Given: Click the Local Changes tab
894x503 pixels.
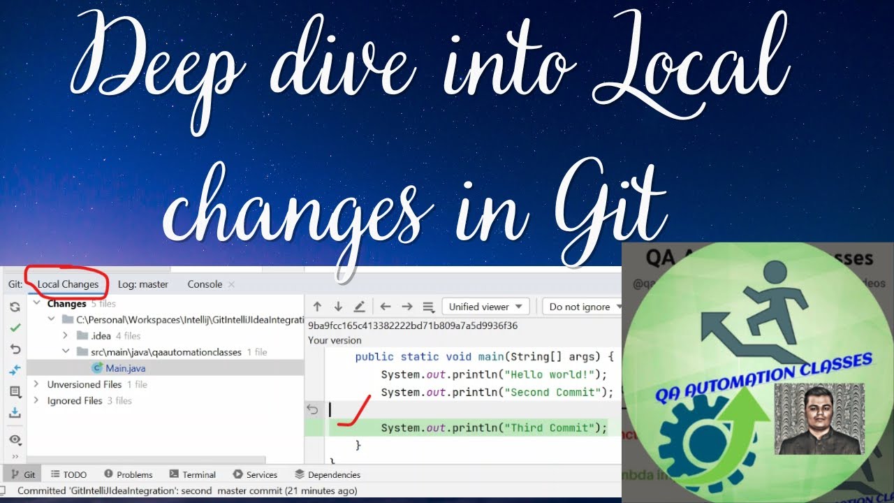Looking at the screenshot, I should point(68,284).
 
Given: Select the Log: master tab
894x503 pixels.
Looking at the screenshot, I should point(142,284).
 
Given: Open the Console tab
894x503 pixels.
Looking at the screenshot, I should point(205,284).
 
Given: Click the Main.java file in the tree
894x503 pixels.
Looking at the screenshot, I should point(125,368).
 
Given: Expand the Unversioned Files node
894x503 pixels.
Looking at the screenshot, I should point(36,384).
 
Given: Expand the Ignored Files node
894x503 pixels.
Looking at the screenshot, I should point(36,401).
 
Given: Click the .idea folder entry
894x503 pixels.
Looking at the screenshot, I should point(101,336).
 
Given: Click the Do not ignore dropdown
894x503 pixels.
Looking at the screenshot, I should point(584,307).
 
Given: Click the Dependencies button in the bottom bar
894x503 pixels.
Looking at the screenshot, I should point(328,474).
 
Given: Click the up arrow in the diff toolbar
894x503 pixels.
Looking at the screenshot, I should point(317,307).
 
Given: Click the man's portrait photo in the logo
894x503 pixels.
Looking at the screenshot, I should point(819,418).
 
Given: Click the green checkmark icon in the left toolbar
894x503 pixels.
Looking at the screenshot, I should point(15,327).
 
